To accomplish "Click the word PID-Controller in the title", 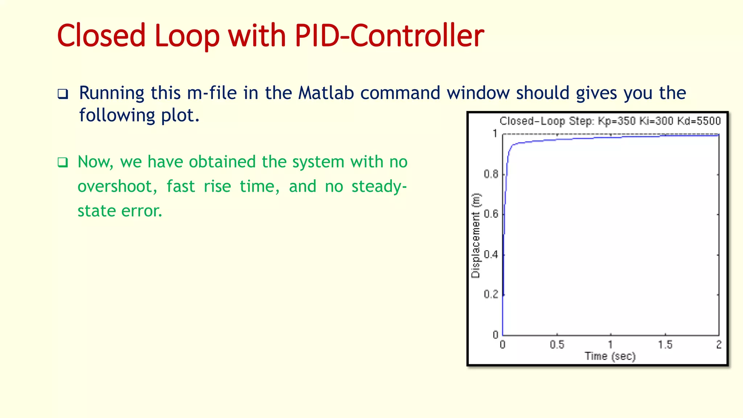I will coord(389,36).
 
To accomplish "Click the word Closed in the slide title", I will coord(101,36).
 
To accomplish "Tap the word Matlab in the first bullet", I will coord(326,93).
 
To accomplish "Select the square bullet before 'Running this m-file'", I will coord(63,94).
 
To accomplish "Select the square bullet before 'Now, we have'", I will coord(63,162).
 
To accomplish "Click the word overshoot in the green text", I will coord(117,187).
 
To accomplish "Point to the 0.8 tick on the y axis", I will coord(491,174).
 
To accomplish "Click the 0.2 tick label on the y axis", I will coord(491,294).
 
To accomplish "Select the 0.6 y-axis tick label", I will coord(491,214).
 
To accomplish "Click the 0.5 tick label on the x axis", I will coord(557,345).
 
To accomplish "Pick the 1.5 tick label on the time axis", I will coord(665,345).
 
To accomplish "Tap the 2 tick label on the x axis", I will coord(719,345).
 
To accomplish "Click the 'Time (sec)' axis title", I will coord(610,356).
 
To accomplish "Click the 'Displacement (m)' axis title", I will coord(476,235).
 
